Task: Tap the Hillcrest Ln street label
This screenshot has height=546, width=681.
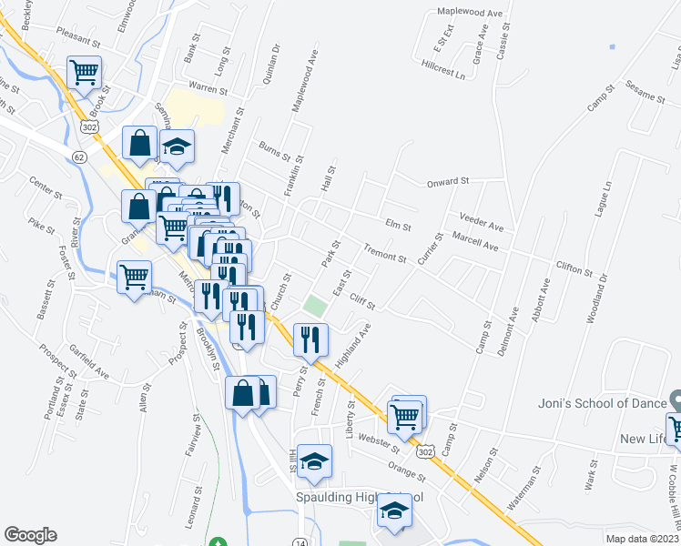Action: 443,69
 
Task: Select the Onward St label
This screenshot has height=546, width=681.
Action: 448,182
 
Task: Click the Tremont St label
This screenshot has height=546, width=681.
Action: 384,252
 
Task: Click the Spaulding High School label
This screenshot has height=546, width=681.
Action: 360,498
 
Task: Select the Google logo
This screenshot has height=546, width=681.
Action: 30,535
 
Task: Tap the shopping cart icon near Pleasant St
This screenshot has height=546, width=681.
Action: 84,71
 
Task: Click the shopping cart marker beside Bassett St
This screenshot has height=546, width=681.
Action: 134,275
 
